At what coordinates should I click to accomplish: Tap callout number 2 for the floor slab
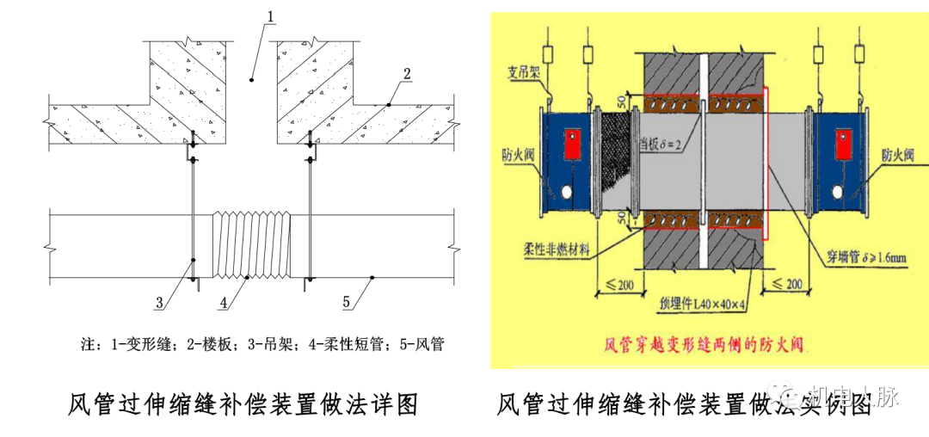point(406,72)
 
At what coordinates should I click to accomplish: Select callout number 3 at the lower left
point(159,302)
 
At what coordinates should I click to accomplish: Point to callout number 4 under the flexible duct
point(224,302)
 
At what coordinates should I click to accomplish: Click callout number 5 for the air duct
point(347,302)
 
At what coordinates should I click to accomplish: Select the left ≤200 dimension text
point(616,284)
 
